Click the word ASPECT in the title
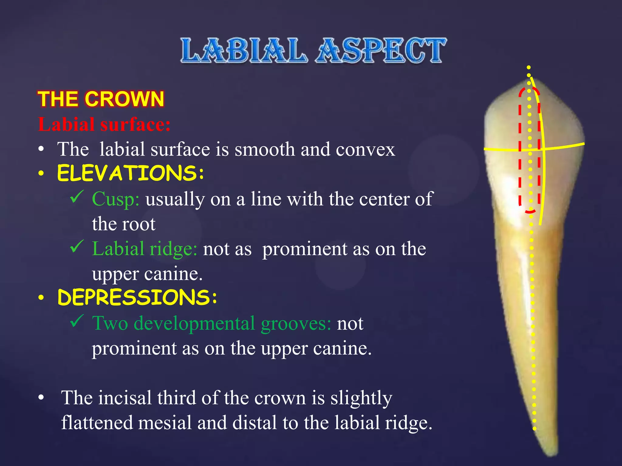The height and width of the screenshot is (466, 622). coord(381,50)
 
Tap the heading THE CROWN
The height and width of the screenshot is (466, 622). coord(101,99)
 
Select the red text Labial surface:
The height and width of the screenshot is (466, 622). coord(104,124)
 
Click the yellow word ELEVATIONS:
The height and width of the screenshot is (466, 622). coord(131,173)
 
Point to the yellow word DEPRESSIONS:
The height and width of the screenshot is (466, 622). coord(137,297)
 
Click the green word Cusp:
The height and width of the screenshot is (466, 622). coord(115,199)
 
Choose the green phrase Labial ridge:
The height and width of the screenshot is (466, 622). coord(145,249)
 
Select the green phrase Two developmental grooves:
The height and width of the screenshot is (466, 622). coord(211,323)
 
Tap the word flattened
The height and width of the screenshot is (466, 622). coord(97,423)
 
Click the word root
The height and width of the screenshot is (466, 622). coord(141,224)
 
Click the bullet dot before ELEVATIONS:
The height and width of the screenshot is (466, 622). coord(41,174)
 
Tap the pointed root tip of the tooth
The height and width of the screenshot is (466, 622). coord(553,454)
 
